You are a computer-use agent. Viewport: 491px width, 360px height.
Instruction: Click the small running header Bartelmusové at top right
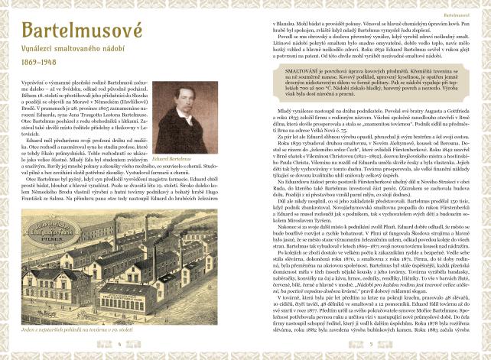pos(456,13)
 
